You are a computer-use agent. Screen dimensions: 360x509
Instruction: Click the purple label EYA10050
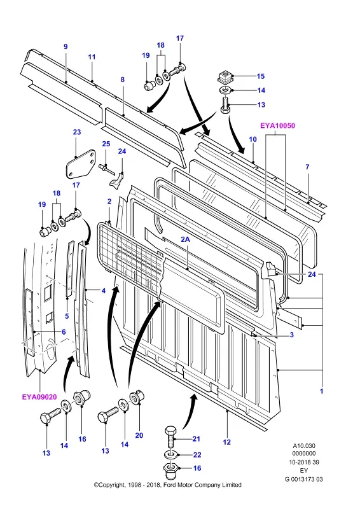pos(277,125)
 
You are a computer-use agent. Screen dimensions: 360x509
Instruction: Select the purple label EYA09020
pos(39,396)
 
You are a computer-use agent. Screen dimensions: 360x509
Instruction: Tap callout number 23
pos(77,132)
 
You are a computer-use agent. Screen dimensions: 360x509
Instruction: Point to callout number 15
pos(261,76)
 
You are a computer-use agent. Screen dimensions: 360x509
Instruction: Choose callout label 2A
pos(185,239)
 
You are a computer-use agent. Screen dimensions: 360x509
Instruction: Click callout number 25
pos(106,144)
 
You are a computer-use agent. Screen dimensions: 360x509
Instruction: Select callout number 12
pos(226,442)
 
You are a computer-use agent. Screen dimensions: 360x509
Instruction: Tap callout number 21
pos(197,439)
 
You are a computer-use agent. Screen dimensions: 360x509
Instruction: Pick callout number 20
pos(139,435)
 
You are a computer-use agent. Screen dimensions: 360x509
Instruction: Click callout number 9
pos(66,46)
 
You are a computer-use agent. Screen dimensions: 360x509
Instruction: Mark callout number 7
pos(307,167)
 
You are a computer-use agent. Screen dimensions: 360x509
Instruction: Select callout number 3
pos(291,335)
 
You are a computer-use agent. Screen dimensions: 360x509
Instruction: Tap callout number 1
pos(321,391)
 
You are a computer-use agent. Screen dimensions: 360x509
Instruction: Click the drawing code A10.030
pos(304,446)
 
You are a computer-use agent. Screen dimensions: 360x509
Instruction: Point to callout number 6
pos(64,331)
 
